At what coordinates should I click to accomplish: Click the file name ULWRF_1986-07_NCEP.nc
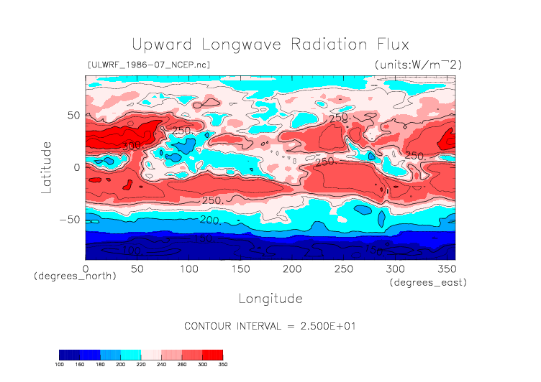148,65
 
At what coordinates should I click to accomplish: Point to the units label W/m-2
418,65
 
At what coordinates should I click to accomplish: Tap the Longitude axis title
270,298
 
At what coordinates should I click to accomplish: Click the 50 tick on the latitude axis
73,115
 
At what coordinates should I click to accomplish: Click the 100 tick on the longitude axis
188,268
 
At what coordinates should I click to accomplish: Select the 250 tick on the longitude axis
343,268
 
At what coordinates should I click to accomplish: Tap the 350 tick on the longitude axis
446,268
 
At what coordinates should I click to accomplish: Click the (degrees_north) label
75,276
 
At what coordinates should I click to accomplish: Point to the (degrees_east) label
428,283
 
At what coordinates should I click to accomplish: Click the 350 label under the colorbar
222,365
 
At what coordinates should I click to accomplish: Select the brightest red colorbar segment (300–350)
212,355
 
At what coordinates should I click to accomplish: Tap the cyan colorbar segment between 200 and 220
131,355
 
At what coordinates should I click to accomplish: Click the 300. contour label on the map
131,146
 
